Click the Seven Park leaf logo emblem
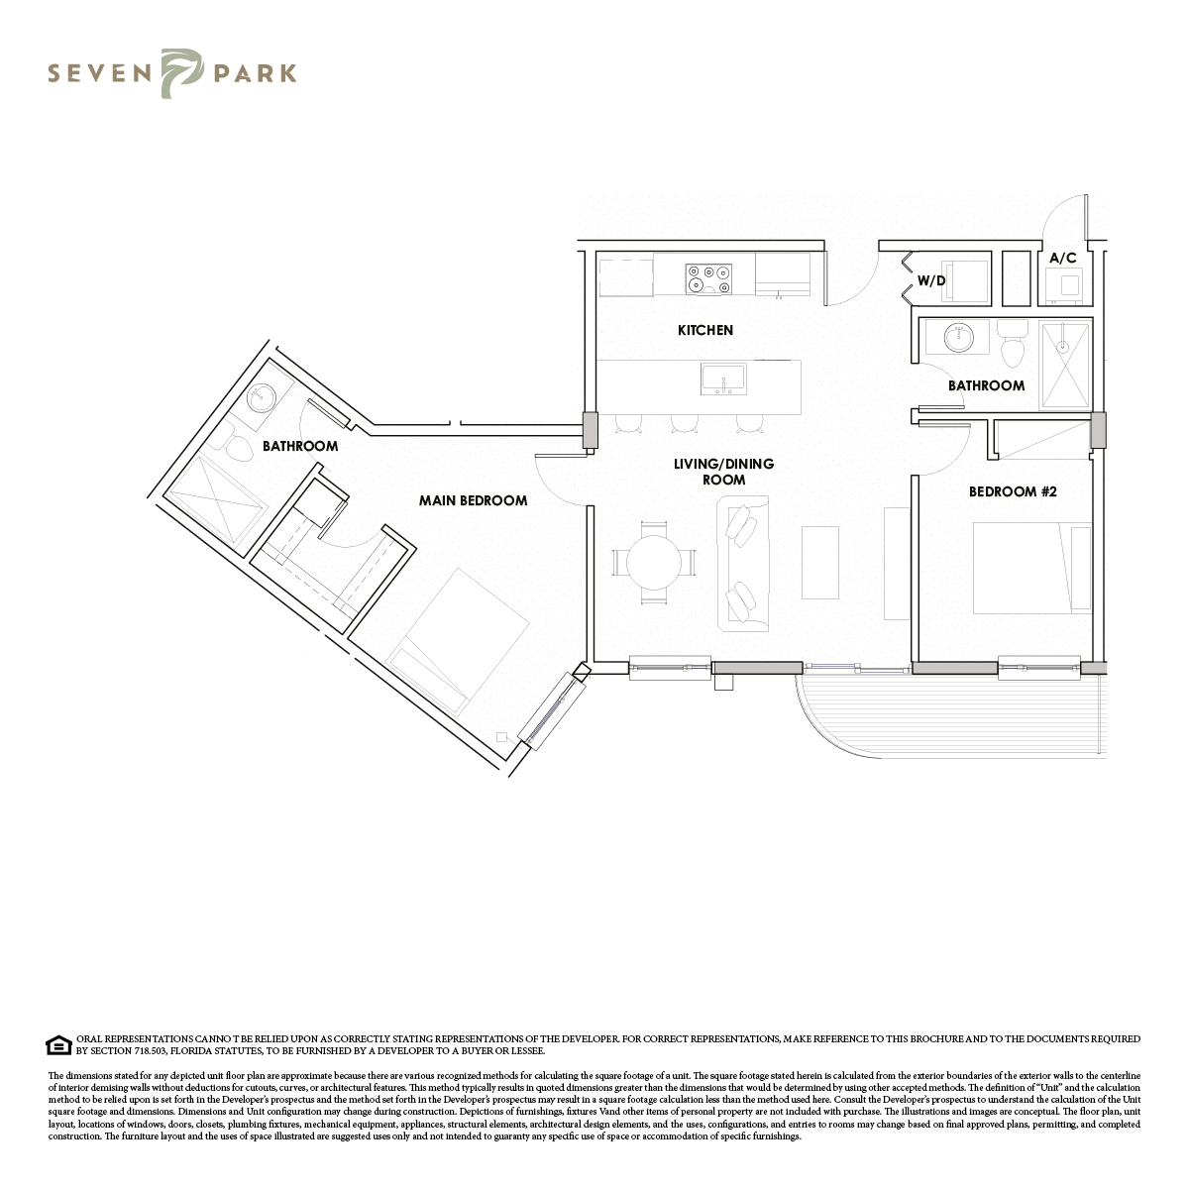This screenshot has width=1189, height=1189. [x=181, y=73]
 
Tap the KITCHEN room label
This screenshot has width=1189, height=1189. [x=705, y=330]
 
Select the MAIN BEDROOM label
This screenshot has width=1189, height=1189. [x=474, y=500]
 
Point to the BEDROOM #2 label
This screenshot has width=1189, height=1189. [x=1013, y=491]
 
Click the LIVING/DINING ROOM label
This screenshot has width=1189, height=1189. [x=723, y=472]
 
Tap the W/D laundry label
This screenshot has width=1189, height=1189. [x=931, y=280]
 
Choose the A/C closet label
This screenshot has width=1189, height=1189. [x=1062, y=258]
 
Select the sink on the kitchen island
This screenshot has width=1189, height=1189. [x=723, y=378]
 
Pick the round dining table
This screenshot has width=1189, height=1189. [x=654, y=563]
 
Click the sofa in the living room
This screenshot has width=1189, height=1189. [x=743, y=564]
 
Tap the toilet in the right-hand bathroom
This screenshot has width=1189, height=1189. [x=1012, y=344]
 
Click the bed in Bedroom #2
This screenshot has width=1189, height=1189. [x=1032, y=569]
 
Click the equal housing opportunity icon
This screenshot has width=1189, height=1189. [x=59, y=1045]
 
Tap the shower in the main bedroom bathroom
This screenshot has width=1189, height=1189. [x=217, y=504]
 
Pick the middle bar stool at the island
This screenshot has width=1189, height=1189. [x=684, y=423]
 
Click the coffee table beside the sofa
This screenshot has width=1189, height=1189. [x=820, y=563]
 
